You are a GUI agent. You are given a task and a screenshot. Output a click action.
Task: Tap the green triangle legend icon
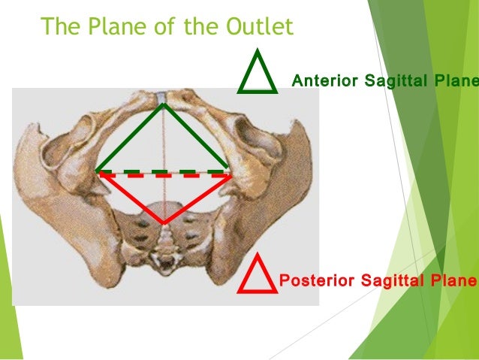[x=258, y=73]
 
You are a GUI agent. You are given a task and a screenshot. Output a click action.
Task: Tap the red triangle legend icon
[x=257, y=274]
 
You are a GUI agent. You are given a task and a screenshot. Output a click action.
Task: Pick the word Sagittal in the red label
[x=390, y=282]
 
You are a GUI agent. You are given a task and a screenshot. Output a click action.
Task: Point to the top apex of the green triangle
[x=163, y=104]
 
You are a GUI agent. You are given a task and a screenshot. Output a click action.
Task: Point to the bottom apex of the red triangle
[x=164, y=222]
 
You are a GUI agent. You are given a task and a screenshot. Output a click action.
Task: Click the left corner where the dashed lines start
[x=98, y=173]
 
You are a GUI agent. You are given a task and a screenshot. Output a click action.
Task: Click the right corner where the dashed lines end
[x=229, y=173]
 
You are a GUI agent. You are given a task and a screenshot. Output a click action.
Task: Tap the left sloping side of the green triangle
[x=130, y=138]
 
